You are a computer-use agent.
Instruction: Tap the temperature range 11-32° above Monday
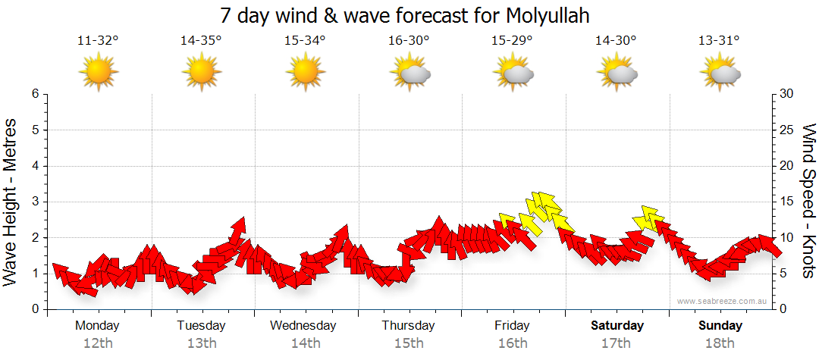click(x=98, y=41)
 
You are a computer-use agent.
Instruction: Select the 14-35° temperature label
click(x=201, y=41)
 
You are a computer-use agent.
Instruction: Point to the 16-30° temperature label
click(x=409, y=41)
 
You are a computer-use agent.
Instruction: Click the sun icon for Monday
click(x=99, y=73)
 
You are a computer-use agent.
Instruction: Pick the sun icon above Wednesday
click(x=306, y=73)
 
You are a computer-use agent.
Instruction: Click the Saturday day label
click(x=617, y=326)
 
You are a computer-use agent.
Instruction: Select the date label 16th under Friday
click(x=513, y=343)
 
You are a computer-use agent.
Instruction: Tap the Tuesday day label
click(x=201, y=326)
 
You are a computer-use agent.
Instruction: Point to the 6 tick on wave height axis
click(x=35, y=94)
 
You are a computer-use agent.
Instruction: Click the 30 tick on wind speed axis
click(x=787, y=94)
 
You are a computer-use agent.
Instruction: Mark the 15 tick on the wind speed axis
click(x=787, y=202)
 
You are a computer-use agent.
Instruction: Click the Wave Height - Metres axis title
click(x=12, y=202)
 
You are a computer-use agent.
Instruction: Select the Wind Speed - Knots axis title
click(x=808, y=202)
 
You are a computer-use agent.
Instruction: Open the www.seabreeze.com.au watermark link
click(x=723, y=302)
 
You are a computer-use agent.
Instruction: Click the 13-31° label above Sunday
click(x=720, y=41)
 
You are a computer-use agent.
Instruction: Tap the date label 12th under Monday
click(x=98, y=343)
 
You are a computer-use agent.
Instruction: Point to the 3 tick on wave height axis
click(x=35, y=202)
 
